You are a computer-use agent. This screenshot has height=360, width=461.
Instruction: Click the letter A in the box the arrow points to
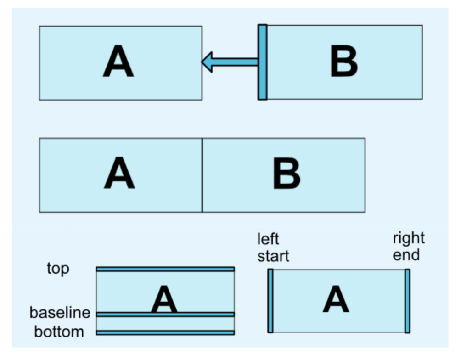pos(118,63)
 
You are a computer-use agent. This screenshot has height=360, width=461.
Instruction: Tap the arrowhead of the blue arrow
pos(208,62)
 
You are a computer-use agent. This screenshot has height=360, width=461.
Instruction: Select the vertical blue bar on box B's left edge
pos(262,62)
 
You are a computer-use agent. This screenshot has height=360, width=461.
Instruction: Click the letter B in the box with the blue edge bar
pos(343,63)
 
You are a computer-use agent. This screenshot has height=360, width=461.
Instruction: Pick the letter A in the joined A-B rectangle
pos(119,175)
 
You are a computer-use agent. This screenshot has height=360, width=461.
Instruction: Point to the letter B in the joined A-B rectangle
pos(287,175)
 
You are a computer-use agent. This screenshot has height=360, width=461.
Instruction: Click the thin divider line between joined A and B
pos(202,175)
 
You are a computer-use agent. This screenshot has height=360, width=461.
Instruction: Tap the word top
pos(58,269)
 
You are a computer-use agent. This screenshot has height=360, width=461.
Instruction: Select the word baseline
pos(60,313)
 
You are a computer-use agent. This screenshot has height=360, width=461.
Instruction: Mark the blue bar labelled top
pos(165,269)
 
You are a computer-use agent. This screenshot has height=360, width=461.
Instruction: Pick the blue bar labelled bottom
pos(165,332)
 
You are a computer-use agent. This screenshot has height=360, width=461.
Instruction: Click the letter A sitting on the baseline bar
pos(164,299)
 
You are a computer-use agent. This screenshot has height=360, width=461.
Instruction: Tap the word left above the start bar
pos(268,239)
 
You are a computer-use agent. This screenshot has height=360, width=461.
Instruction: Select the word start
pos(273,256)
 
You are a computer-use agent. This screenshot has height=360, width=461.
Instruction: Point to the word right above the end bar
pos(409,238)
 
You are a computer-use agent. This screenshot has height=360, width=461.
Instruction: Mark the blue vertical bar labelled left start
pos(270,301)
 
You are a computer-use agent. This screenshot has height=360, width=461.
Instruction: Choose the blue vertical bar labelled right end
pos(407,301)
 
